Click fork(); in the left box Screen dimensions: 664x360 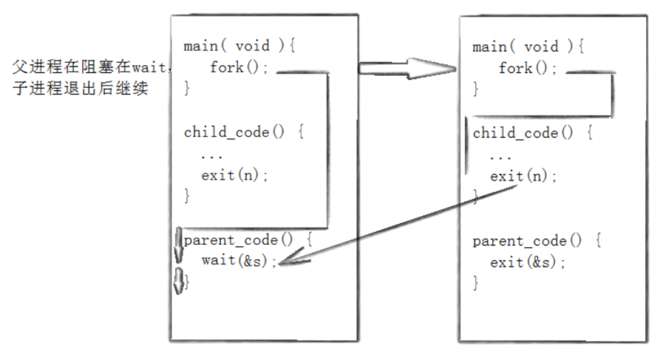pyautogui.click(x=239, y=67)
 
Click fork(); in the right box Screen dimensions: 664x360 pyautogui.click(x=528, y=68)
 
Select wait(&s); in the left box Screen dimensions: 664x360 pyautogui.click(x=239, y=260)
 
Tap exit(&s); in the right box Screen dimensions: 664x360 pyautogui.click(x=528, y=262)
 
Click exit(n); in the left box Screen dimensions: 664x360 pyautogui.click(x=235, y=174)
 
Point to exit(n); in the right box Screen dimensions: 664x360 pyautogui.click(x=524, y=176)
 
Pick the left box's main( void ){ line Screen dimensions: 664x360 pyautogui.click(x=239, y=45)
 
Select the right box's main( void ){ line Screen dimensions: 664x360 pyautogui.click(x=528, y=46)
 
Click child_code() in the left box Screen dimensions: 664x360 pyautogui.click(x=234, y=131)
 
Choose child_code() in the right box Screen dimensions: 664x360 pyautogui.click(x=523, y=133)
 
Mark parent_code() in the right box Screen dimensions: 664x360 pyautogui.click(x=527, y=241)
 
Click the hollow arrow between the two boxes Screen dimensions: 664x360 pyautogui.click(x=407, y=68)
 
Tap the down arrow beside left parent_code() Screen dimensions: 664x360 pyautogui.click(x=179, y=246)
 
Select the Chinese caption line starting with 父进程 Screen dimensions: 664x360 pyautogui.click(x=92, y=67)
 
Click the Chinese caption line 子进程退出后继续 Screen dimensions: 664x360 pyautogui.click(x=80, y=88)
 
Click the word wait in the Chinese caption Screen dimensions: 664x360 pyautogui.click(x=149, y=67)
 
